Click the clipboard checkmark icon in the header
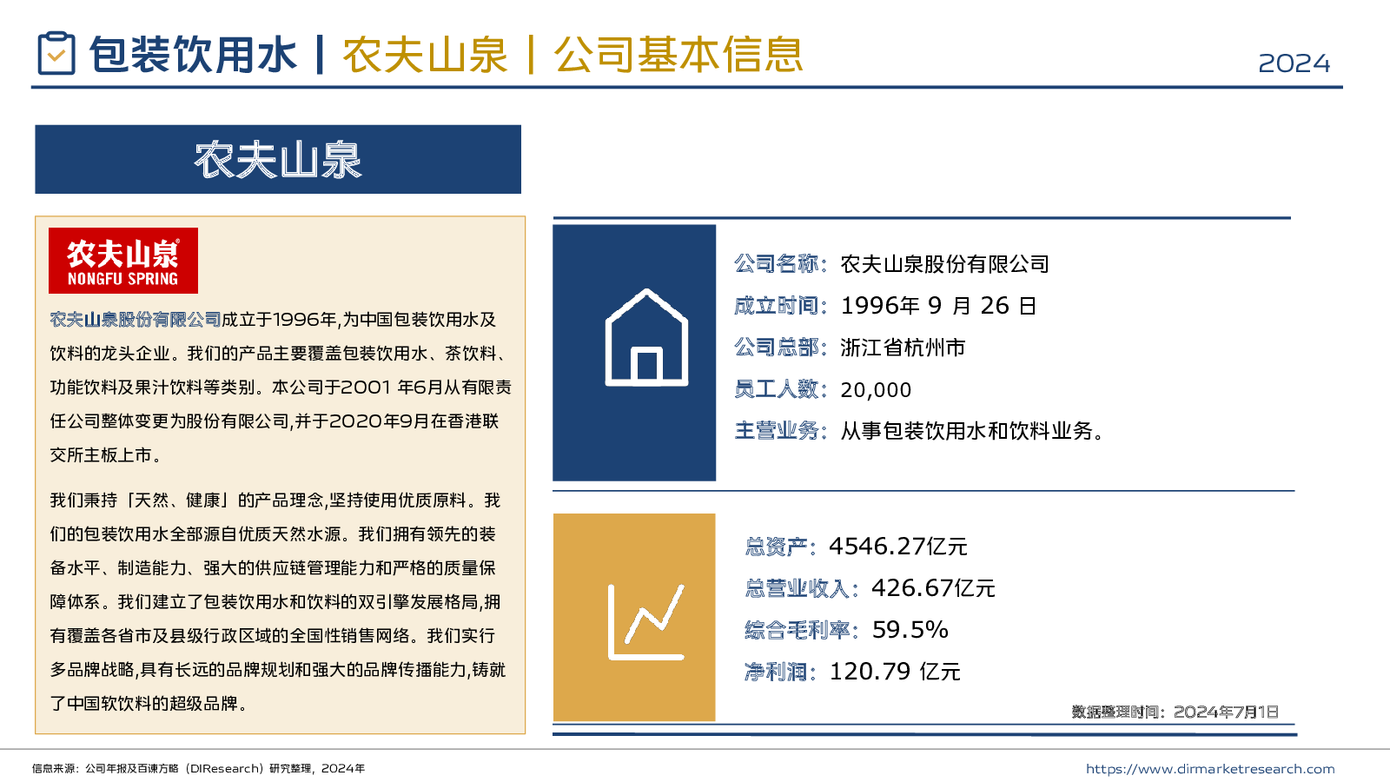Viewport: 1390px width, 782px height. (56, 54)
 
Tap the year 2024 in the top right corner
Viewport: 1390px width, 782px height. (1294, 63)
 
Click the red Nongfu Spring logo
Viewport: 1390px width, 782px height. (123, 261)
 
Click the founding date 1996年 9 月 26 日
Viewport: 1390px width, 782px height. (938, 306)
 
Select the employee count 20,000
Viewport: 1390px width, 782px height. (876, 390)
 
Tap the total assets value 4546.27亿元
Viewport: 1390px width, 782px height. (897, 547)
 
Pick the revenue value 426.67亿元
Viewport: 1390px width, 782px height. (933, 588)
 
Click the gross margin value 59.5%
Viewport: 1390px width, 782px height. (910, 630)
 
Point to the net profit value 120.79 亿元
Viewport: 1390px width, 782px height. (895, 672)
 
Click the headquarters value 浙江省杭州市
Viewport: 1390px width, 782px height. (903, 348)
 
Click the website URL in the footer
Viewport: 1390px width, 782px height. (1209, 769)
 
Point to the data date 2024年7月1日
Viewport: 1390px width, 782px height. (1226, 712)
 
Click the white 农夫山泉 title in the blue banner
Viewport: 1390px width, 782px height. (278, 160)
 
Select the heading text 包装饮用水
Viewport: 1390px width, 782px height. (193, 55)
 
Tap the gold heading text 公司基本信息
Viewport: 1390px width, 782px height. (678, 55)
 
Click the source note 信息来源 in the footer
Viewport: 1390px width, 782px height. (56, 769)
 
